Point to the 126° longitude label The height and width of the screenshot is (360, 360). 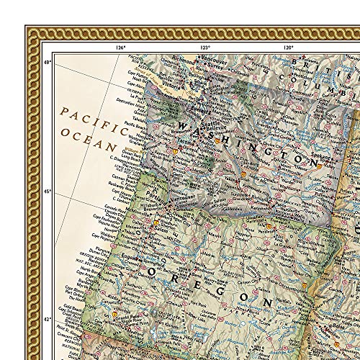tap(120, 48)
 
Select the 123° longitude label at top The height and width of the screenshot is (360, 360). tap(205, 48)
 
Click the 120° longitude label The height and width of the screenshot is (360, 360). tap(288, 48)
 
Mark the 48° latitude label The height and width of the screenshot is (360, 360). tap(48, 63)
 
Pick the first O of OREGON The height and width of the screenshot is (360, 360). tap(153, 273)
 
